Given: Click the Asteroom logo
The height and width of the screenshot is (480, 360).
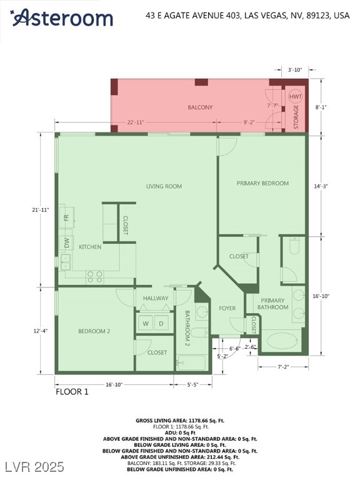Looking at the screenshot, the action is [61, 17].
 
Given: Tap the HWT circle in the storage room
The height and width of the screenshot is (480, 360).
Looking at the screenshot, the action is [296, 97].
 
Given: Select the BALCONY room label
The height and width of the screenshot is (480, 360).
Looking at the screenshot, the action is [200, 107].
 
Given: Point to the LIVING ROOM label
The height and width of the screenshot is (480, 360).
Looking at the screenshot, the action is [164, 186].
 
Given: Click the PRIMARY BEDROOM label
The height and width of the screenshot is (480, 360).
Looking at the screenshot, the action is [262, 183].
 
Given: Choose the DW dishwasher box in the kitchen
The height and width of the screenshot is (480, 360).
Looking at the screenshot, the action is [66, 243].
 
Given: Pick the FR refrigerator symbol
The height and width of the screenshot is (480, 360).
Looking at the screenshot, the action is [67, 217].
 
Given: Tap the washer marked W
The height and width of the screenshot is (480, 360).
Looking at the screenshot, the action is [146, 323].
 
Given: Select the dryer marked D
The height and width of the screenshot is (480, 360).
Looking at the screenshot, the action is [161, 323].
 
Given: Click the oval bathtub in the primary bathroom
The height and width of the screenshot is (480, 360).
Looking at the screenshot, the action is [282, 341].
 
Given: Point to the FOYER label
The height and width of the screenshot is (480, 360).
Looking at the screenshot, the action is [227, 308].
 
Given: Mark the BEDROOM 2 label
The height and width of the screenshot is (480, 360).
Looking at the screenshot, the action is [94, 331].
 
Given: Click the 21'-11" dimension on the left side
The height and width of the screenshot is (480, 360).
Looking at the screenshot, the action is [40, 210].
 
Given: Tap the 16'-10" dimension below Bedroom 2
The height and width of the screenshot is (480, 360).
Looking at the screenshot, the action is [114, 384].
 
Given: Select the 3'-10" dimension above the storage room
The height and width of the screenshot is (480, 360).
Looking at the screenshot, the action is [295, 70].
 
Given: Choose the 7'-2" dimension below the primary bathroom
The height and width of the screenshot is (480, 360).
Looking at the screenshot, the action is [283, 367].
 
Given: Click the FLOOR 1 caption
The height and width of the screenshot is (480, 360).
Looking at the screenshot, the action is [72, 392].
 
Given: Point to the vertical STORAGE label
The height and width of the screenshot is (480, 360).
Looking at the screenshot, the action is [296, 117].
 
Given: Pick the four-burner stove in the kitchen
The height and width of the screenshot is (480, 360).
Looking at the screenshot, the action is [94, 277].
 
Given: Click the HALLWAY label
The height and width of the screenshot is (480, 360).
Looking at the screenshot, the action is [156, 298].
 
